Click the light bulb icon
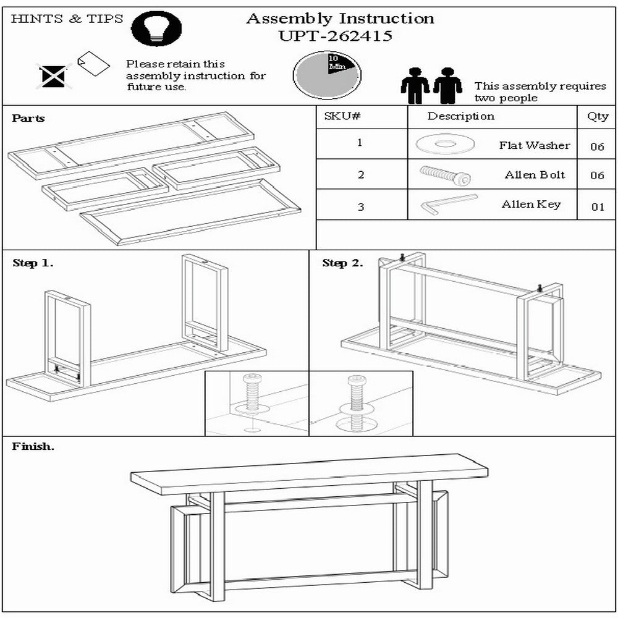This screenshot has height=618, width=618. [x=156, y=28]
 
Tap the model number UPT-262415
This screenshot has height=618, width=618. [x=336, y=36]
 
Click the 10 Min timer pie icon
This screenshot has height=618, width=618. [x=327, y=75]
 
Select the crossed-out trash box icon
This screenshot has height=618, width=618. [x=54, y=76]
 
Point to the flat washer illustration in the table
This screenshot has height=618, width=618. [x=445, y=144]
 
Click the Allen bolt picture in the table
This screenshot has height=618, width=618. [x=445, y=175]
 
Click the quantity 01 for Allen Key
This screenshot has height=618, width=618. [x=598, y=206]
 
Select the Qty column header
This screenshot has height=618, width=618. [x=597, y=117]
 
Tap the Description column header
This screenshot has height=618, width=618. [x=461, y=116]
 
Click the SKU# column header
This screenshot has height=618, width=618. [x=342, y=116]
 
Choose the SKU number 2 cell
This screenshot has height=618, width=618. [x=361, y=175]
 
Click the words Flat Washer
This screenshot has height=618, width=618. [x=535, y=145]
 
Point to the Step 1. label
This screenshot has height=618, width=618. [x=33, y=263]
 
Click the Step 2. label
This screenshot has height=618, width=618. [x=342, y=263]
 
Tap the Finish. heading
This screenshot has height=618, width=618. [x=33, y=446]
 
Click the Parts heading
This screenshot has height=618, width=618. [x=28, y=118]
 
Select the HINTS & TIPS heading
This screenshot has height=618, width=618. [x=67, y=19]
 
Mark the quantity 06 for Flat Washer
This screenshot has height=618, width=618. [x=598, y=146]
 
